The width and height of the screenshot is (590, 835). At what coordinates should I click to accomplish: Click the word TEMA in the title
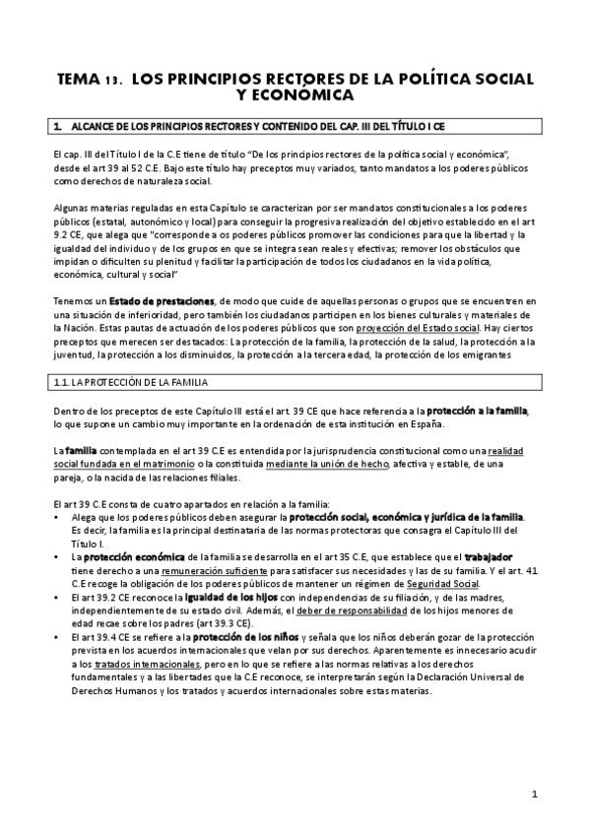pyautogui.click(x=77, y=78)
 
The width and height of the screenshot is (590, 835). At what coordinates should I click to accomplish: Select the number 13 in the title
pyautogui.click(x=113, y=79)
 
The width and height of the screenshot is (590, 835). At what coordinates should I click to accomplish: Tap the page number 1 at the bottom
pyautogui.click(x=533, y=793)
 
